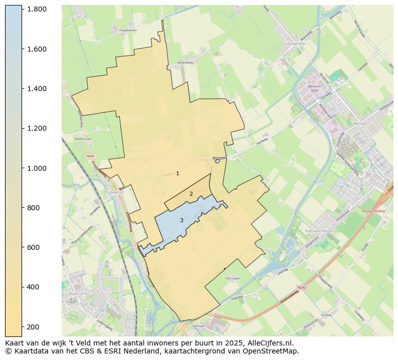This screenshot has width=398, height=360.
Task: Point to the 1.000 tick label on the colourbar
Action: (37, 168)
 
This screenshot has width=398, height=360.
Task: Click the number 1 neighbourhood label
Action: (177, 173)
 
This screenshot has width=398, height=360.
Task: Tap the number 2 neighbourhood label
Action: (191, 194)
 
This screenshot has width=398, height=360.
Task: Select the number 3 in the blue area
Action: (181, 220)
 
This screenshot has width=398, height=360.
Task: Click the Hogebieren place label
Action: (128, 30)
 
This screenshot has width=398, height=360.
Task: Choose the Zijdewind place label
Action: (114, 192)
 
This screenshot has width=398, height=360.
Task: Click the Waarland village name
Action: (78, 293)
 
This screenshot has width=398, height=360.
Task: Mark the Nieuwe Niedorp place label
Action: (321, 231)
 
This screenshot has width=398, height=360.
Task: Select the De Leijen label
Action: (234, 278)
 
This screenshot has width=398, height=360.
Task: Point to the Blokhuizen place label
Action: (84, 139)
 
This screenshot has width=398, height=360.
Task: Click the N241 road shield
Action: (91, 156)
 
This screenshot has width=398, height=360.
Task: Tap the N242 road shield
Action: (301, 287)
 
